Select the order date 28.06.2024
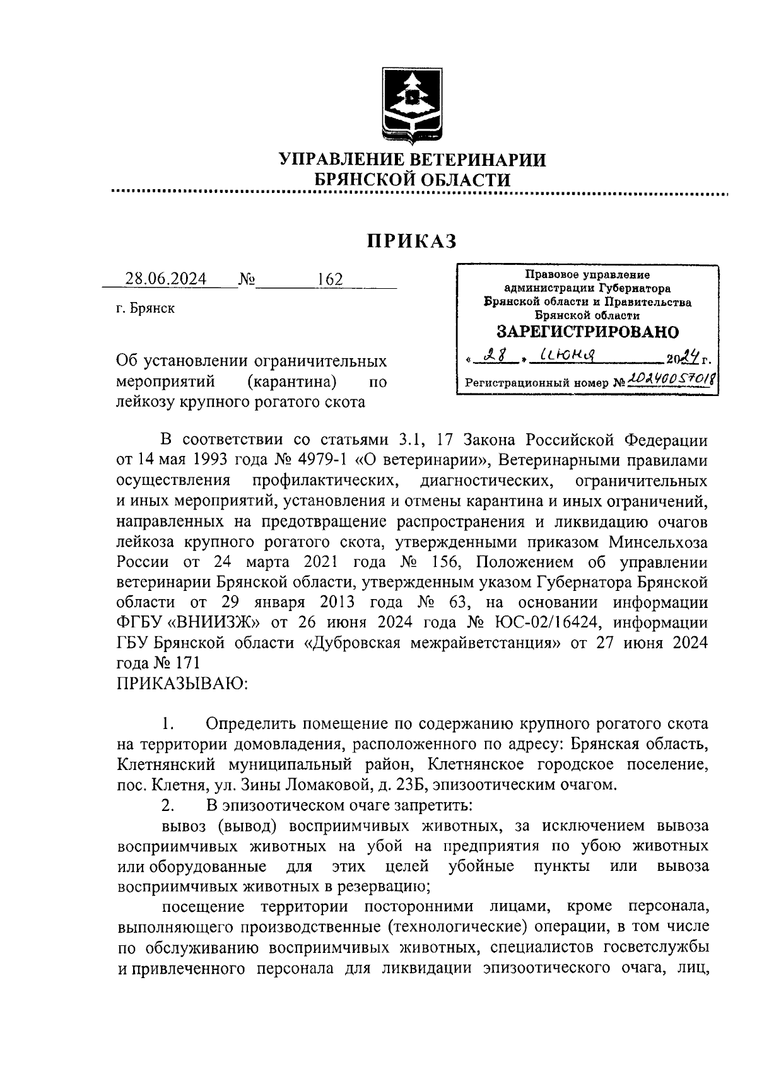166,279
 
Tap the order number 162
330,279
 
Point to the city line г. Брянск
146,308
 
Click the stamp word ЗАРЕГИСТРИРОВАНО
587,332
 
